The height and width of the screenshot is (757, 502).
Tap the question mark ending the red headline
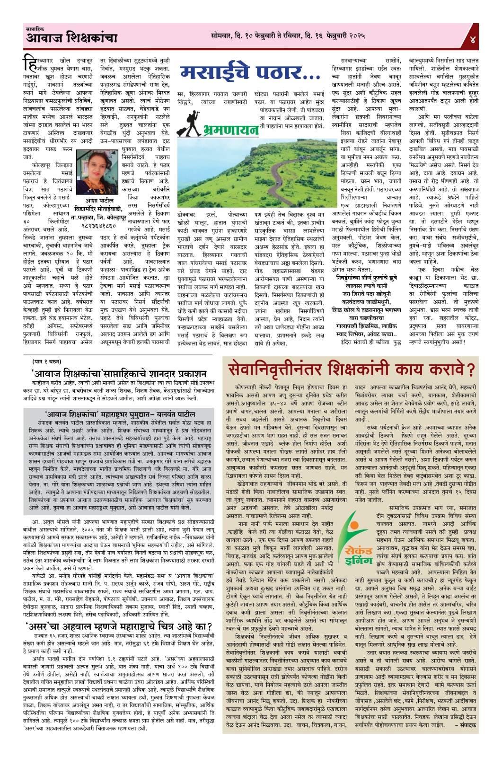(x=470, y=369)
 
